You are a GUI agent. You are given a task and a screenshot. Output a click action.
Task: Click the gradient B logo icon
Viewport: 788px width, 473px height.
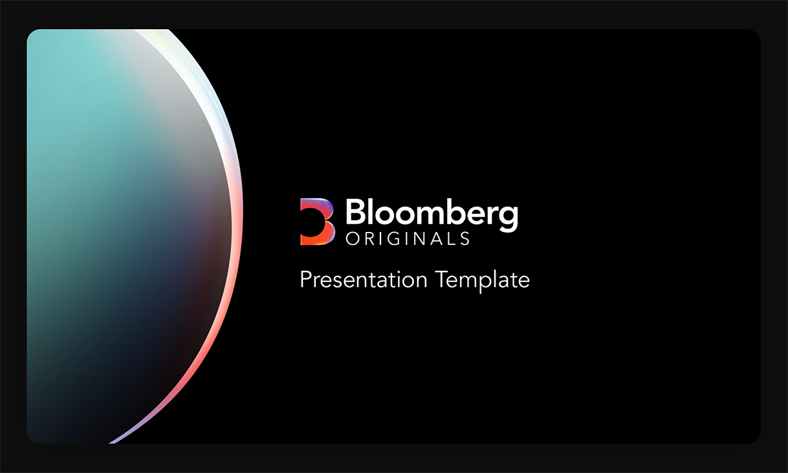tap(317, 222)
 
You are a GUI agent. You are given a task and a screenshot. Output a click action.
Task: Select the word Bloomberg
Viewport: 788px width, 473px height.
tap(432, 214)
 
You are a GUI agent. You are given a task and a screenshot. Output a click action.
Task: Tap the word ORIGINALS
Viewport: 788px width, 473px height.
tap(408, 238)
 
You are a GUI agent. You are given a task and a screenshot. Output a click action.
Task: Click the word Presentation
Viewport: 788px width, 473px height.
tap(364, 280)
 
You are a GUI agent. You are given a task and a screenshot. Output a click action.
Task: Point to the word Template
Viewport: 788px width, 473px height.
tap(482, 281)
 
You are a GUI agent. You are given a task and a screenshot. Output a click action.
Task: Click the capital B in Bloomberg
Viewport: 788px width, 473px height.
tap(356, 211)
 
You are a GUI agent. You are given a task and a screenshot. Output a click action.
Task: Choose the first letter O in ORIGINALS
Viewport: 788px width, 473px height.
tap(353, 238)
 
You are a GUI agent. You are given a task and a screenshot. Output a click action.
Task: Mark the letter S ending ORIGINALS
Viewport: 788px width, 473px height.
tap(465, 238)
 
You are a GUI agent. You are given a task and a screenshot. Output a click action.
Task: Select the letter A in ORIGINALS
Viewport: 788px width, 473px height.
tap(437, 238)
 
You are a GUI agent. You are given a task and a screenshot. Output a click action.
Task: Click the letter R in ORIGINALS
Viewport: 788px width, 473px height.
tap(371, 238)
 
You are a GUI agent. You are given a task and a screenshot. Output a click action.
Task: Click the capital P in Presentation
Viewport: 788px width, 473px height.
tap(307, 280)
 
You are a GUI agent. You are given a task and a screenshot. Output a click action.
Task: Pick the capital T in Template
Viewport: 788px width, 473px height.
tap(442, 280)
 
